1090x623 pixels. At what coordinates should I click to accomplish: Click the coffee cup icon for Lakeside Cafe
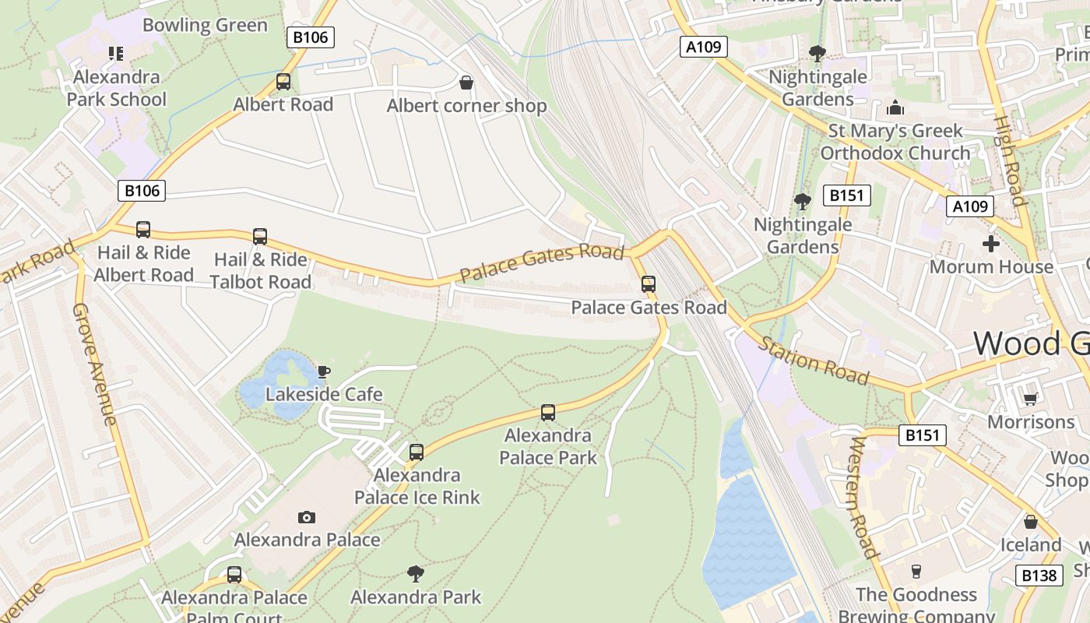(x=324, y=371)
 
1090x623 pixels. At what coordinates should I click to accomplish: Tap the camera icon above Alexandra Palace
(x=307, y=517)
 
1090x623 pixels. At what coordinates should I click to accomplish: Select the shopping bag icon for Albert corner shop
(x=466, y=83)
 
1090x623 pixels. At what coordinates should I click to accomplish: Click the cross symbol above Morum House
(x=990, y=244)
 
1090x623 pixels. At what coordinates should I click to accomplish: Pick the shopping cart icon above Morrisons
(x=1030, y=399)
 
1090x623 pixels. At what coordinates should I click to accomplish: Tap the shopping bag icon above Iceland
(x=1030, y=522)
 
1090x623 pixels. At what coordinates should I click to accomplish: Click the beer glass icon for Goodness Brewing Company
(x=916, y=572)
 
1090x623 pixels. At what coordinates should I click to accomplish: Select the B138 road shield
(x=1039, y=575)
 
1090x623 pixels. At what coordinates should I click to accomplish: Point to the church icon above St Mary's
(x=895, y=107)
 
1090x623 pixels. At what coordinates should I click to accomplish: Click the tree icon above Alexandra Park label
(x=416, y=574)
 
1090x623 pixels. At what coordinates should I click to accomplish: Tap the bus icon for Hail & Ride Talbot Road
(x=260, y=236)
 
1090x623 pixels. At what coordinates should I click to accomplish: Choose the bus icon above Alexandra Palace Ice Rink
(x=417, y=452)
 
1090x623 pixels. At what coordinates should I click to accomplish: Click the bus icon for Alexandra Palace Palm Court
(x=234, y=575)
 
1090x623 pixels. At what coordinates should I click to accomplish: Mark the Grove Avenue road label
(x=95, y=364)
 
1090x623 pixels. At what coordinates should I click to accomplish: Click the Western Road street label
(x=863, y=497)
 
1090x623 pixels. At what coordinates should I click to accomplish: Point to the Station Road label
(x=814, y=361)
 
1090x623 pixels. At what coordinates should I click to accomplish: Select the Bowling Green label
(x=205, y=25)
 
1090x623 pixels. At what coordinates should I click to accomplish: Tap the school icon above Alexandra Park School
(x=116, y=54)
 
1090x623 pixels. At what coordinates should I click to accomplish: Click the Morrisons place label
(x=1030, y=422)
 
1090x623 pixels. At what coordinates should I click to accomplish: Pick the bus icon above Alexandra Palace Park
(x=548, y=412)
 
